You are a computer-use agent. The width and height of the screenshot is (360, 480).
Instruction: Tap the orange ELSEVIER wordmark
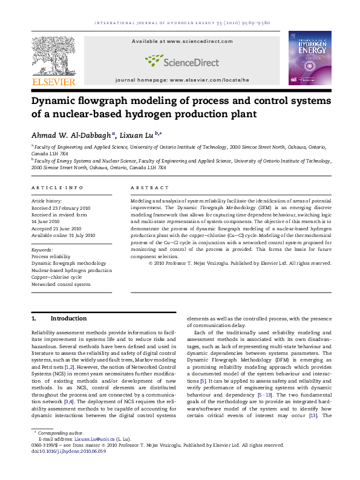(53, 82)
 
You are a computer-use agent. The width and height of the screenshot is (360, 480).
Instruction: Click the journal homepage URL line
(182, 80)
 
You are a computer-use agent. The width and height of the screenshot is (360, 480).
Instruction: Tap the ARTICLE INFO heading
(57, 188)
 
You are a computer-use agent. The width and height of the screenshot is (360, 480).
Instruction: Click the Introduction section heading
(68, 318)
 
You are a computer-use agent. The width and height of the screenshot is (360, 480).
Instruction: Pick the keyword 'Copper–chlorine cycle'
(56, 277)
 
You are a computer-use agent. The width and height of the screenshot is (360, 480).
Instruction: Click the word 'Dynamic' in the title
(55, 100)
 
